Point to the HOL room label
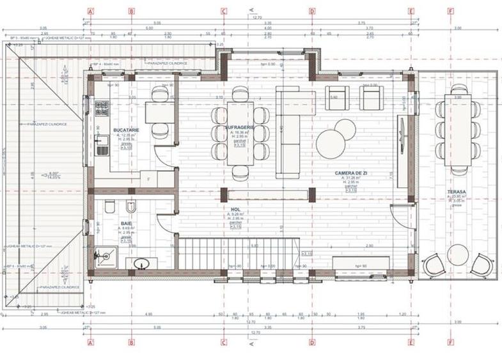pos(235,208)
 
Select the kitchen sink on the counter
pos(101,149)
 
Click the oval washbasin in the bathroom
pos(142,263)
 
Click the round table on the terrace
pos(458,253)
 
